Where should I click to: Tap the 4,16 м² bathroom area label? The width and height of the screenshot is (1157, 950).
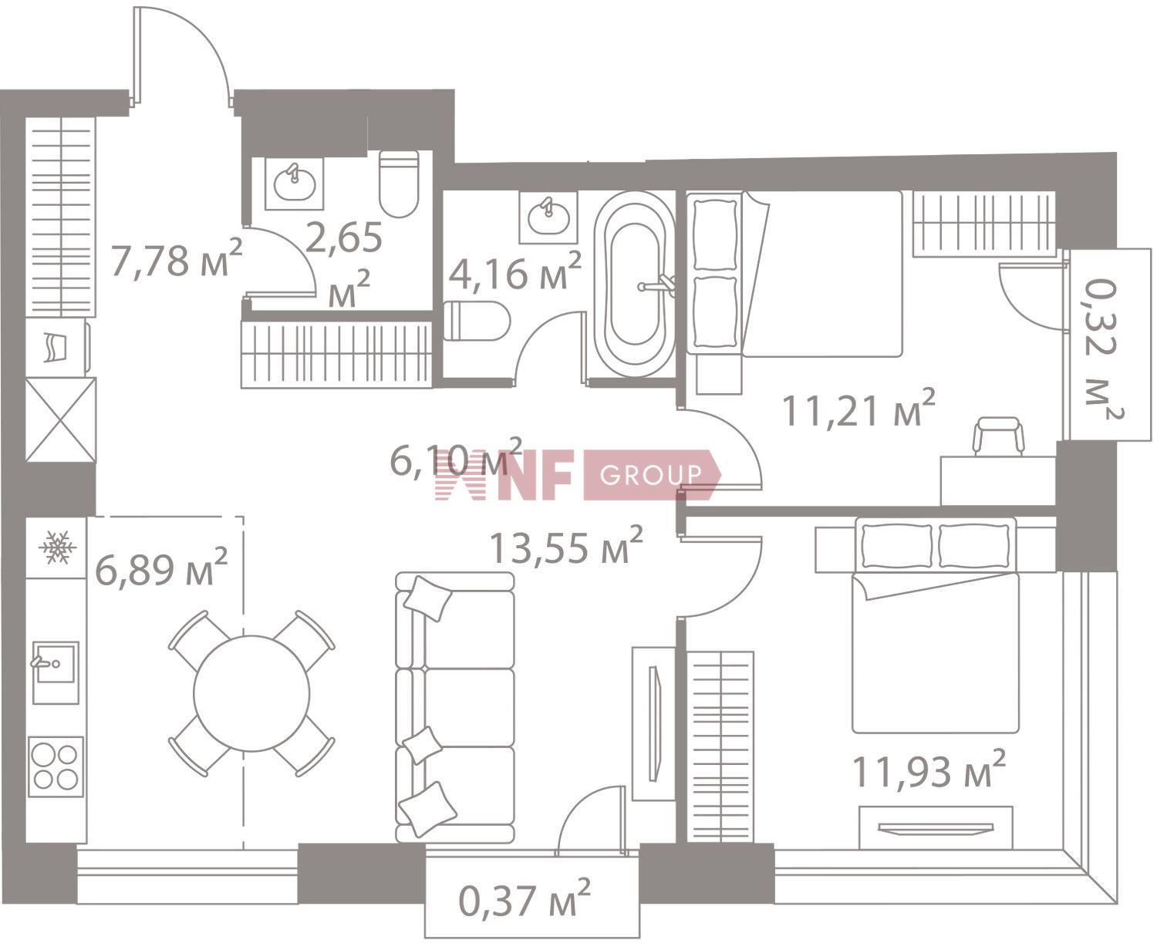(514, 271)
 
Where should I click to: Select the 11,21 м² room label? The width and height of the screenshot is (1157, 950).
(858, 409)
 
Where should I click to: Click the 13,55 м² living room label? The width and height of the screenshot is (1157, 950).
(565, 546)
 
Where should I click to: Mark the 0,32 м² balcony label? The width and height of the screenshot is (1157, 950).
(1103, 349)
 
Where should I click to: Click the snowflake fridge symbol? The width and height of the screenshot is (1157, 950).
(57, 546)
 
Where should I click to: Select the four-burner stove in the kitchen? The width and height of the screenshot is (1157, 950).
(56, 766)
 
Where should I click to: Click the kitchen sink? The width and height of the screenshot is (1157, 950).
(56, 672)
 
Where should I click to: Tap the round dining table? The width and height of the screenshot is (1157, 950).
(251, 693)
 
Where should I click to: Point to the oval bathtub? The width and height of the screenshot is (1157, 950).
(635, 284)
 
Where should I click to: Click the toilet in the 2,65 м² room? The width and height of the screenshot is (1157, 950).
(399, 184)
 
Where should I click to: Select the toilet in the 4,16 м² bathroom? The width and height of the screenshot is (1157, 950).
(477, 321)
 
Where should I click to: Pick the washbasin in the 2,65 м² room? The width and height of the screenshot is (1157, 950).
(295, 184)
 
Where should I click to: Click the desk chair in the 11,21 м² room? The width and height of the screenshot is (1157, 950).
(998, 436)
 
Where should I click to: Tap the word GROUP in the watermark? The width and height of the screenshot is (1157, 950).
(651, 474)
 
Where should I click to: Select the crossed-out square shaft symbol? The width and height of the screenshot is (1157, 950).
(61, 419)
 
